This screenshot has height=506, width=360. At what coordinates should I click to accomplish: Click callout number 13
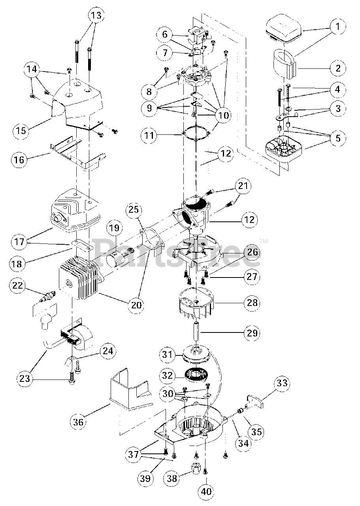pos(96,16)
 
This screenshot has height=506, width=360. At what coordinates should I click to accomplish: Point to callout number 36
pos(79,422)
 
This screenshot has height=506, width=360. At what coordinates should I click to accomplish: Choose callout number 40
pos(206,492)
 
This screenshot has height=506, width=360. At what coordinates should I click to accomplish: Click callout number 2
pos(338,68)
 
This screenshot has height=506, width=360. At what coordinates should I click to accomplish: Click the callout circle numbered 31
pos(168,355)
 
